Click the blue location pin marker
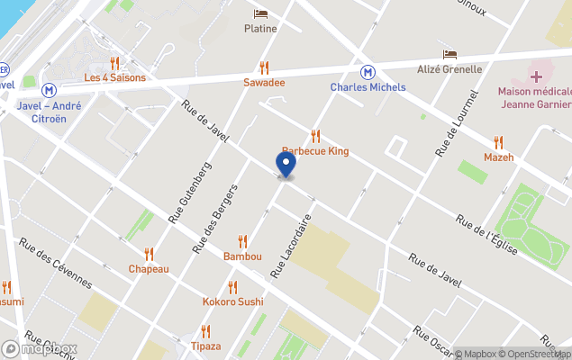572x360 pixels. [285, 166]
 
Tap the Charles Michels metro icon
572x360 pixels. [368, 72]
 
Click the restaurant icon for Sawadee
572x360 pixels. [264, 67]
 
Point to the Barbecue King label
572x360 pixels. [315, 151]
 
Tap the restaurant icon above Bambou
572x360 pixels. [242, 241]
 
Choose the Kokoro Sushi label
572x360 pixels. [232, 301]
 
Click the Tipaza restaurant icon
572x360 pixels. [205, 331]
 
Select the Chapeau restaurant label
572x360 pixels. [149, 269]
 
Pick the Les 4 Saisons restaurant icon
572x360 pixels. [114, 63]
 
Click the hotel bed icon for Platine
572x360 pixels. [260, 13]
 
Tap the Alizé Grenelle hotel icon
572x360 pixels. [449, 55]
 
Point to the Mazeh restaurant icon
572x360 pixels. [498, 142]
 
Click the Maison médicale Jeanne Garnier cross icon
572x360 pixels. [535, 76]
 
